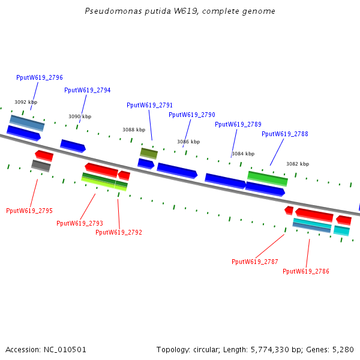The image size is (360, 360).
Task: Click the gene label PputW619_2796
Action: [40, 77]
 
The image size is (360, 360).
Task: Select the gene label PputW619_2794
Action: [88, 90]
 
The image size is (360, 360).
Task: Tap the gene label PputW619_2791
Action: [150, 105]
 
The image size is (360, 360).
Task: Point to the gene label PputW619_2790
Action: [192, 115]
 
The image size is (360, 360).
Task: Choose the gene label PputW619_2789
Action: [238, 124]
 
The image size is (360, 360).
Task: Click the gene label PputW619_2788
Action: [285, 134]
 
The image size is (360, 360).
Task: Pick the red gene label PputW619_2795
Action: [29, 211]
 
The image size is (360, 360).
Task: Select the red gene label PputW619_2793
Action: [80, 223]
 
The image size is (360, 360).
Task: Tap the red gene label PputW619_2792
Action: [119, 232]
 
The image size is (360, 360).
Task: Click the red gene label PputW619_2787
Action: [255, 262]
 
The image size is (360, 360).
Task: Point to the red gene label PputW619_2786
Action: [306, 271]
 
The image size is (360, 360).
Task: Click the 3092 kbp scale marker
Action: [26, 102]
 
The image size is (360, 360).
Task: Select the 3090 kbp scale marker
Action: [80, 116]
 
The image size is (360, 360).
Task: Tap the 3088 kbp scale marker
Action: [134, 130]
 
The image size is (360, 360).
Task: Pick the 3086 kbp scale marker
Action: [188, 142]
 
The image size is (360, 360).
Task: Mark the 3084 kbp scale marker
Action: [243, 154]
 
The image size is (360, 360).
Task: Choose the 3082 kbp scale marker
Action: [298, 164]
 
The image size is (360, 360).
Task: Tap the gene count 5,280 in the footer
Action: [343, 349]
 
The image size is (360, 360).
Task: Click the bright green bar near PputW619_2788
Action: [268, 178]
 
